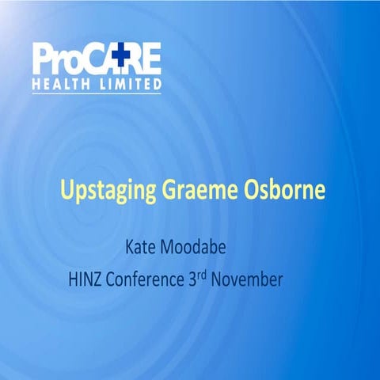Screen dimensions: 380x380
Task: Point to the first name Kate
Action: coord(142,247)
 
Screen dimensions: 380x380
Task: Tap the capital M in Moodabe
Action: coord(179,247)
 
